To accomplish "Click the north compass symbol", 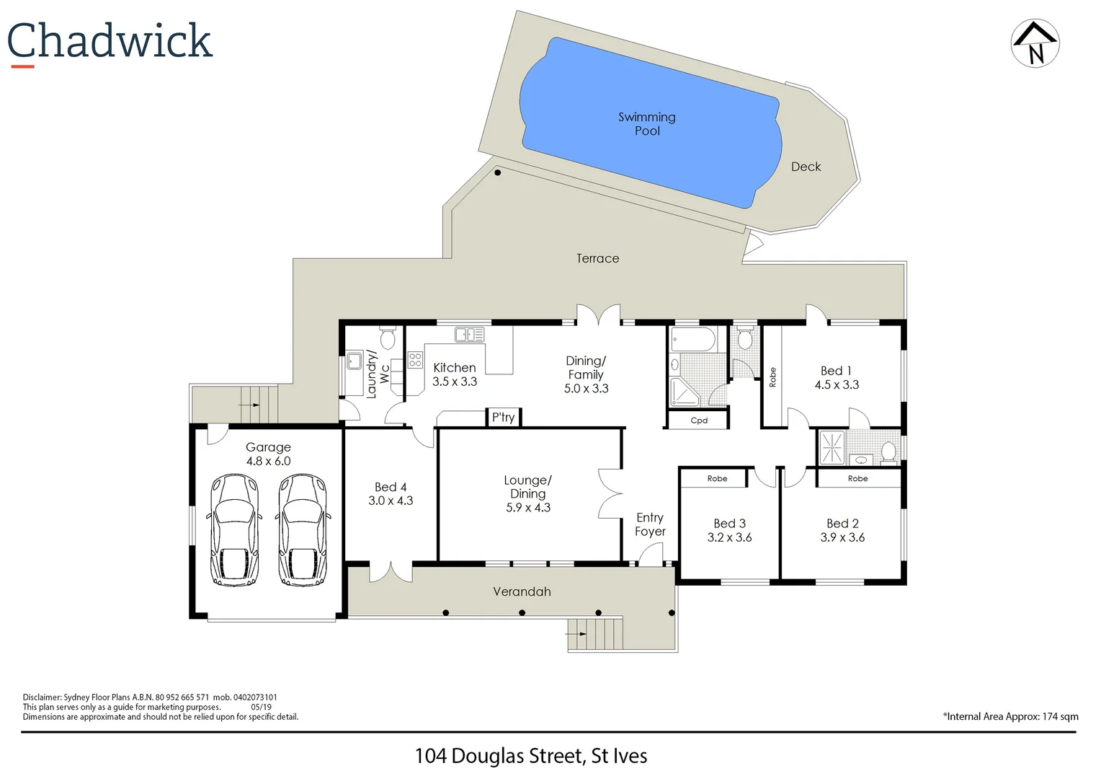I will coord(1035,43).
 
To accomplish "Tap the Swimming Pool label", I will coord(646,123).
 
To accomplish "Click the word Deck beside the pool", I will coord(806,167).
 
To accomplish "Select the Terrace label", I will coord(597,258).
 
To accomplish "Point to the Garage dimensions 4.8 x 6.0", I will coord(268,462).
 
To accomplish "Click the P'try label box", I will coord(503,417).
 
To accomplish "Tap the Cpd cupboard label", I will coord(698,421).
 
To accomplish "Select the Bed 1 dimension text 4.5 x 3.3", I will coord(837,385).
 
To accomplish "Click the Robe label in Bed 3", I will coord(717,478).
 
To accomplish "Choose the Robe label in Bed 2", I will coord(857,478).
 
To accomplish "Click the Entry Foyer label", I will coord(650,524).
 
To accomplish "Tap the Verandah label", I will coord(522,591).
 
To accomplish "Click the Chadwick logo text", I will coord(110,41).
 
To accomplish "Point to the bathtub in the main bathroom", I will coord(692,338).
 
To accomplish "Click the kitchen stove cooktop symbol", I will coord(415,359).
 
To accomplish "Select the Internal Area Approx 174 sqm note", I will coord(1010,716).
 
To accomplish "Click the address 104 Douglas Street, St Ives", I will coord(530,756).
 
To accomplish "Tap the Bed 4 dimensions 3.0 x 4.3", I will coord(391,501).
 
